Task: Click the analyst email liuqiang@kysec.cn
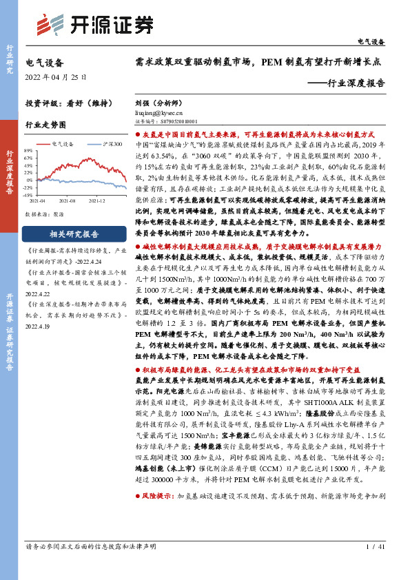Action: [157, 110]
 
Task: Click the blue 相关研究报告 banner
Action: [74, 234]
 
